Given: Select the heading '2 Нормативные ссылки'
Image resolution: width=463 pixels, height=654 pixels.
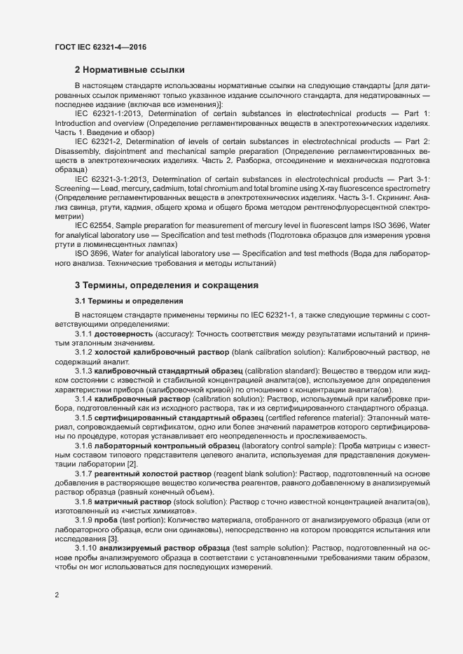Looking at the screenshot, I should pos(130,70).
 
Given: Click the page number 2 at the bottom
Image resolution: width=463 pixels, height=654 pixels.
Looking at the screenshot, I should pos(57,595).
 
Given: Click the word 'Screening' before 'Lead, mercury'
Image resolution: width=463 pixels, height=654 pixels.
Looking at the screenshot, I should pos(73,189).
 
